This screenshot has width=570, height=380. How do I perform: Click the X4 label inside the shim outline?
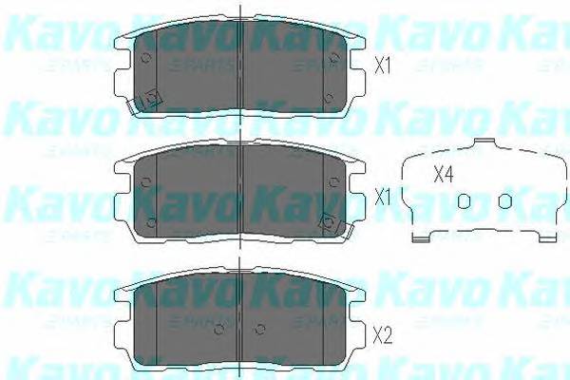[444, 175]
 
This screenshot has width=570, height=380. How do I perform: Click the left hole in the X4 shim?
[464, 199]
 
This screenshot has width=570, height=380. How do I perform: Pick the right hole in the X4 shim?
[505, 199]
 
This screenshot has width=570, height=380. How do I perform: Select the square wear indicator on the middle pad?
[330, 222]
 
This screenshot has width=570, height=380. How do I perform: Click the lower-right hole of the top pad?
[328, 97]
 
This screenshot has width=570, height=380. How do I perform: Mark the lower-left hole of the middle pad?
[152, 222]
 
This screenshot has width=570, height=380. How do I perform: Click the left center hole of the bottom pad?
[221, 331]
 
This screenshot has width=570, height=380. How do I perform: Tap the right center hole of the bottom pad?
[263, 331]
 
